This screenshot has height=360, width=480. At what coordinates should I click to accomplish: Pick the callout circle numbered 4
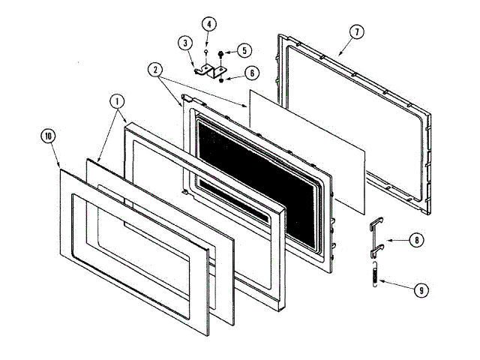pos(208,24)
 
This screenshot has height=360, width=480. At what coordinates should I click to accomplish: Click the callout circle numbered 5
pos(245,51)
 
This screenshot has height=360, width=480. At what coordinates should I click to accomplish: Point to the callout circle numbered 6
pos(250,73)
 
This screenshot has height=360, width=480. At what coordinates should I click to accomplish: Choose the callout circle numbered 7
pos(357,32)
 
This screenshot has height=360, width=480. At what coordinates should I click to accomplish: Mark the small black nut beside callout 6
pos(221,77)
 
